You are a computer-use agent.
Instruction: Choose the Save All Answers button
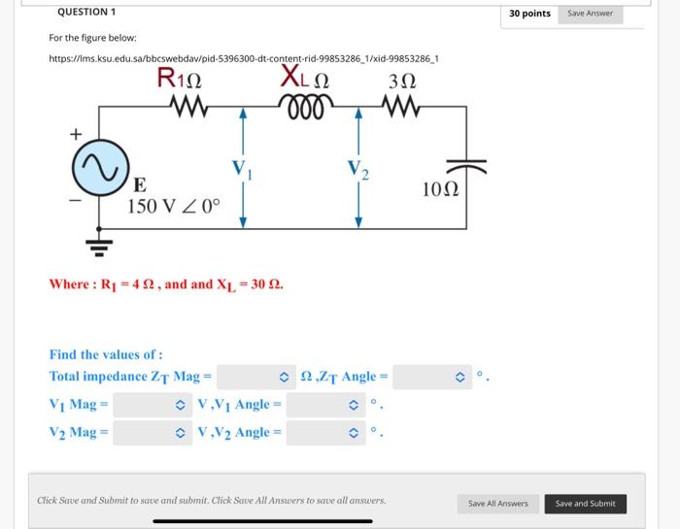[x=498, y=503]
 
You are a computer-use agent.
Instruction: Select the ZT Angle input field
[x=428, y=376]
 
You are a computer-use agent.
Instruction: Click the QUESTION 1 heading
[x=86, y=12]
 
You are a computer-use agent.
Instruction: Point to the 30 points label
[x=529, y=14]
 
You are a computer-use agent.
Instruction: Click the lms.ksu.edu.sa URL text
[x=244, y=58]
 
